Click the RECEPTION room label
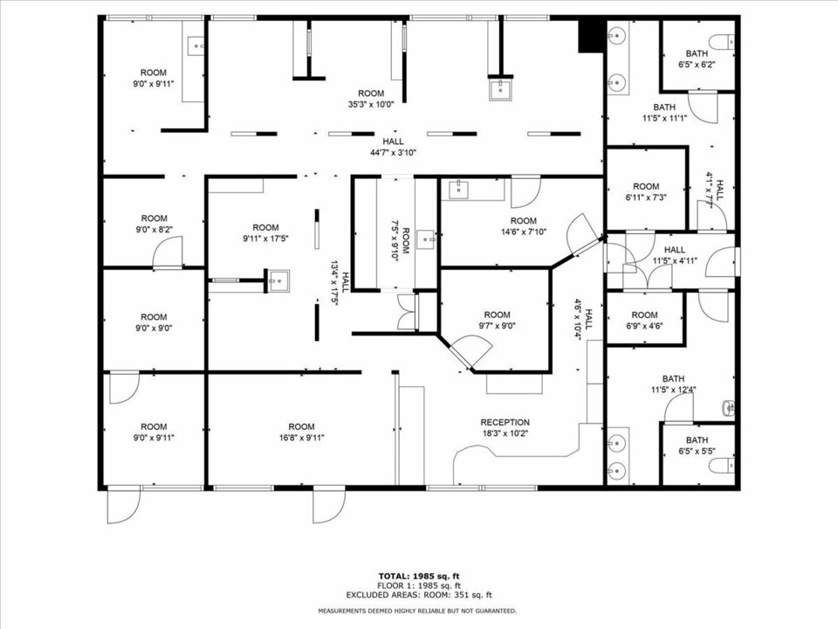(505, 428)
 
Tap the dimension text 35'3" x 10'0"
(371, 104)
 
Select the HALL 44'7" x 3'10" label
(394, 147)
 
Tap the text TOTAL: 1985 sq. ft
(419, 576)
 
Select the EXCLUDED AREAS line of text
(419, 595)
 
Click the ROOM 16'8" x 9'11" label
(301, 432)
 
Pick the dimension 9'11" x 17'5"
(265, 238)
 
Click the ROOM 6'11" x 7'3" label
(646, 191)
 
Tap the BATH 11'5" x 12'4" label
(673, 384)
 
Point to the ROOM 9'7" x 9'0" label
(497, 320)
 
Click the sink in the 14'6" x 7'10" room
(458, 188)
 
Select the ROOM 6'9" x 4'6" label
(644, 320)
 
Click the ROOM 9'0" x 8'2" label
(154, 224)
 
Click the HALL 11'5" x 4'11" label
(675, 255)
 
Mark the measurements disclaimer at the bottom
(418, 611)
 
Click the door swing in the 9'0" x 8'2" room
(168, 252)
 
